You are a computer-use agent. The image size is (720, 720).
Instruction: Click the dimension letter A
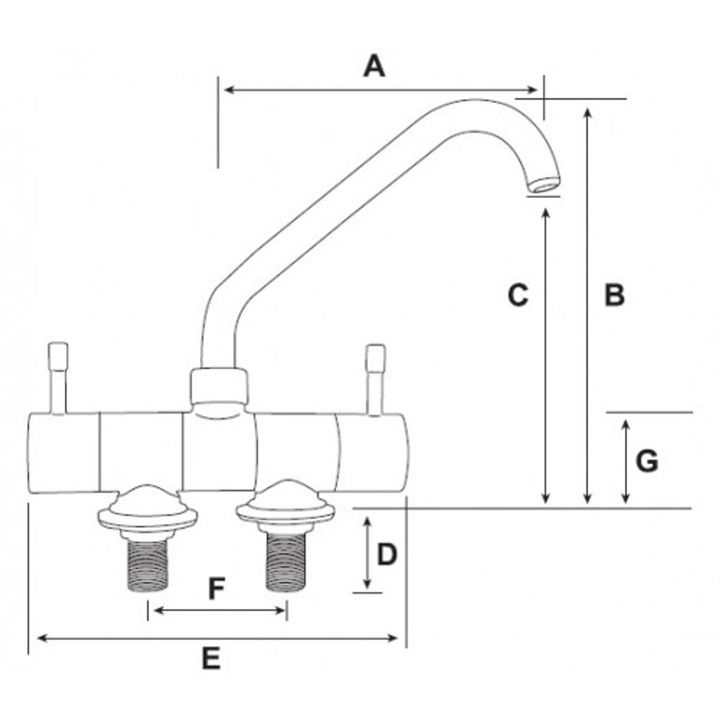tap(374, 65)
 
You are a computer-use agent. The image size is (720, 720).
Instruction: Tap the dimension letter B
tap(614, 295)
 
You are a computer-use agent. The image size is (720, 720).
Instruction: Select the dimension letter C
tap(517, 295)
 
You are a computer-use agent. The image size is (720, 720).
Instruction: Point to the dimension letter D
tap(387, 555)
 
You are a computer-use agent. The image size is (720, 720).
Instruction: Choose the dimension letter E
tap(210, 658)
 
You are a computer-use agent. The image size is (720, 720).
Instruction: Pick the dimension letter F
tap(216, 589)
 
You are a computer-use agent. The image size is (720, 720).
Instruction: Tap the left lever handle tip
tap(58, 351)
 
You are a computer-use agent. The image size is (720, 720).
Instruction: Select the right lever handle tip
tap(376, 353)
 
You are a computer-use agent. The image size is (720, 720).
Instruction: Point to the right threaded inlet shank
tap(284, 564)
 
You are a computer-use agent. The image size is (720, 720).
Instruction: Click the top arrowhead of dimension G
tap(626, 424)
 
